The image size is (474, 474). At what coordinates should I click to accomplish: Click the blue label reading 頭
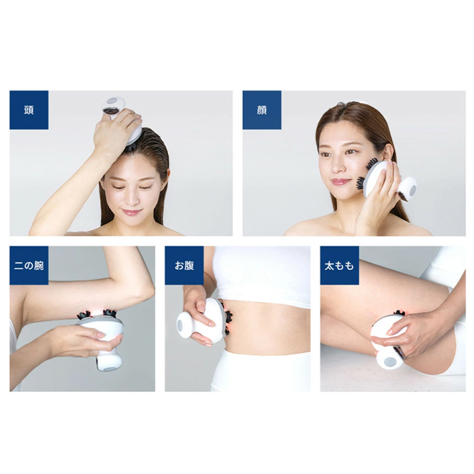[x=29, y=110]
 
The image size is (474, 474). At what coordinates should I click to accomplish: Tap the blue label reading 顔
[x=262, y=110]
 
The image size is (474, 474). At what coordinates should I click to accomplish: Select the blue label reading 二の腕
[x=29, y=265]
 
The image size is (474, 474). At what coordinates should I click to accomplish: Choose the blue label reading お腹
[x=184, y=265]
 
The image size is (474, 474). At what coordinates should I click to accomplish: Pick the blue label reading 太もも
[x=339, y=265]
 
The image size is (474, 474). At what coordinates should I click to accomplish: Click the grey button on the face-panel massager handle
[x=412, y=190]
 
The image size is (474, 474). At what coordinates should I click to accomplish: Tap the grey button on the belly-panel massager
[x=180, y=325]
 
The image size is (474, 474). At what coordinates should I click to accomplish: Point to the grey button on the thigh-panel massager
[x=390, y=361]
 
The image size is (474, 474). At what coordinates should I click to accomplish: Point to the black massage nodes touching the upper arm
[x=96, y=314]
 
